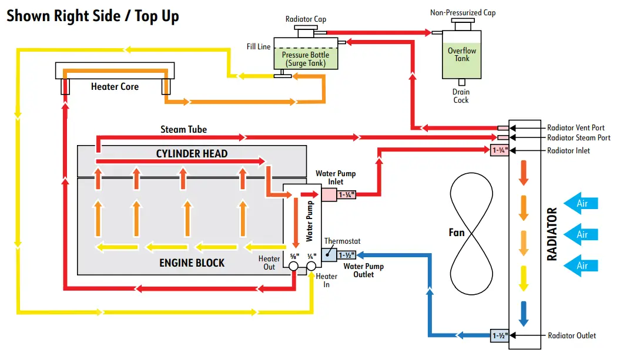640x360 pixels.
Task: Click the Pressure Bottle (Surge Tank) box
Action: (x=306, y=53)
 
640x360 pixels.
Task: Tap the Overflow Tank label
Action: (x=461, y=55)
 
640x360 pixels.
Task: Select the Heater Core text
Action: (x=115, y=86)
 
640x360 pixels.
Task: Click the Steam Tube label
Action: (x=184, y=129)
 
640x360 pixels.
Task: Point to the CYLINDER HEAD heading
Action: (x=192, y=154)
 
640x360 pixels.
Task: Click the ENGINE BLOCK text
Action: (x=192, y=263)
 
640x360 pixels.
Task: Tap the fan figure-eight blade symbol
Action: (x=471, y=234)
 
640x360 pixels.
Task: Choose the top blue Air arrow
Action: (x=581, y=203)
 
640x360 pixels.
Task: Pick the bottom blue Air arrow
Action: (x=581, y=266)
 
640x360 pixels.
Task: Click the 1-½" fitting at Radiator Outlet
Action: (x=500, y=335)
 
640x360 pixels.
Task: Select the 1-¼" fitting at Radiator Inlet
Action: (x=500, y=150)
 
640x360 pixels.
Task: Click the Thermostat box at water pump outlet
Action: (x=329, y=255)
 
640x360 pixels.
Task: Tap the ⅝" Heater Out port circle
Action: (x=293, y=266)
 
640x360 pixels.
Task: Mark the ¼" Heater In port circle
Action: (x=311, y=266)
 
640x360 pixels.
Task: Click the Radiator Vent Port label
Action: (x=575, y=127)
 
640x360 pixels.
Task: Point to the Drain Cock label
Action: (x=461, y=96)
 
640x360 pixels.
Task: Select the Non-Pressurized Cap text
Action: (x=463, y=13)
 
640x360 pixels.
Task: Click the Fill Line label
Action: (x=259, y=46)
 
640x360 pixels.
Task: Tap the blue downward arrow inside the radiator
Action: (x=524, y=314)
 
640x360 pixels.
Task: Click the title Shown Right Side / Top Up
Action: (x=93, y=16)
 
